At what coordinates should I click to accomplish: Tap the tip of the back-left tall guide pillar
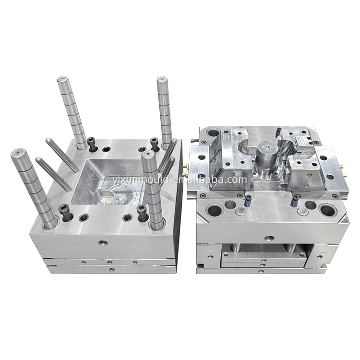(x=64, y=80)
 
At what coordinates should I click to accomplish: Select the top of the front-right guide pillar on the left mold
(x=148, y=156)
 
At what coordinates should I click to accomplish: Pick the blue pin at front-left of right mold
(x=248, y=202)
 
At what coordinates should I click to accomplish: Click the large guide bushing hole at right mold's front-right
(x=327, y=210)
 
